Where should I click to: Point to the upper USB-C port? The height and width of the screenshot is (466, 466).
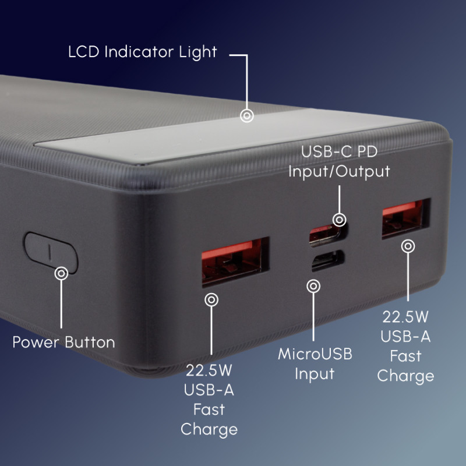coord(326,232)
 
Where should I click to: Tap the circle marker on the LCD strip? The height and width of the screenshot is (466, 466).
coord(247,116)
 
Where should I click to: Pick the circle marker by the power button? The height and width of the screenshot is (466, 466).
coord(61,272)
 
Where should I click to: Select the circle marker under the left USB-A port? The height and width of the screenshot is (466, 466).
coord(211,300)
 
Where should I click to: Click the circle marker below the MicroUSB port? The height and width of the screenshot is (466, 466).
coord(313,286)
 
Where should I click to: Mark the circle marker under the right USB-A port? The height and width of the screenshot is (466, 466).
coord(409,246)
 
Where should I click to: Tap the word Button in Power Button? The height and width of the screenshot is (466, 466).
coord(90,341)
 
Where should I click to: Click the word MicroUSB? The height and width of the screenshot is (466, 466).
coord(315,354)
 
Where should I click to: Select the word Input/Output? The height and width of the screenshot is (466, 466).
coord(338,172)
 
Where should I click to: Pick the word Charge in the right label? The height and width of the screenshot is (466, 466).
coord(405,376)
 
